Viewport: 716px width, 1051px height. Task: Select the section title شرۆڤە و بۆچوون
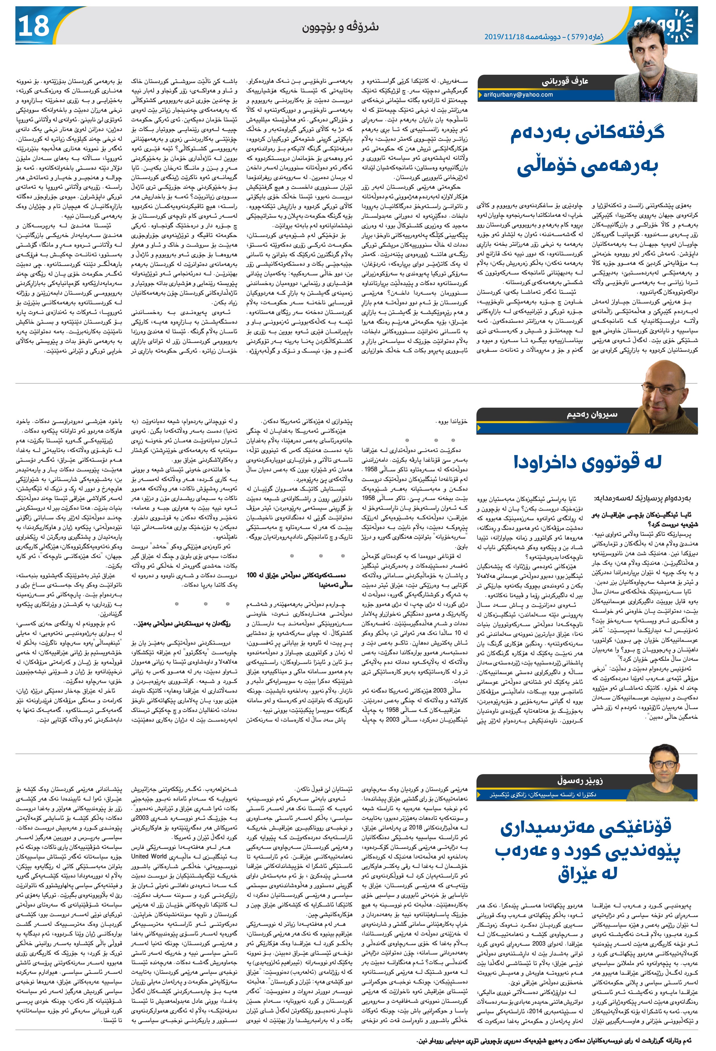click(341, 27)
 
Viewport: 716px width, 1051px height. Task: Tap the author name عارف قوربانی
click(562, 82)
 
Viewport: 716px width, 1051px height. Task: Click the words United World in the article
click(151, 856)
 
